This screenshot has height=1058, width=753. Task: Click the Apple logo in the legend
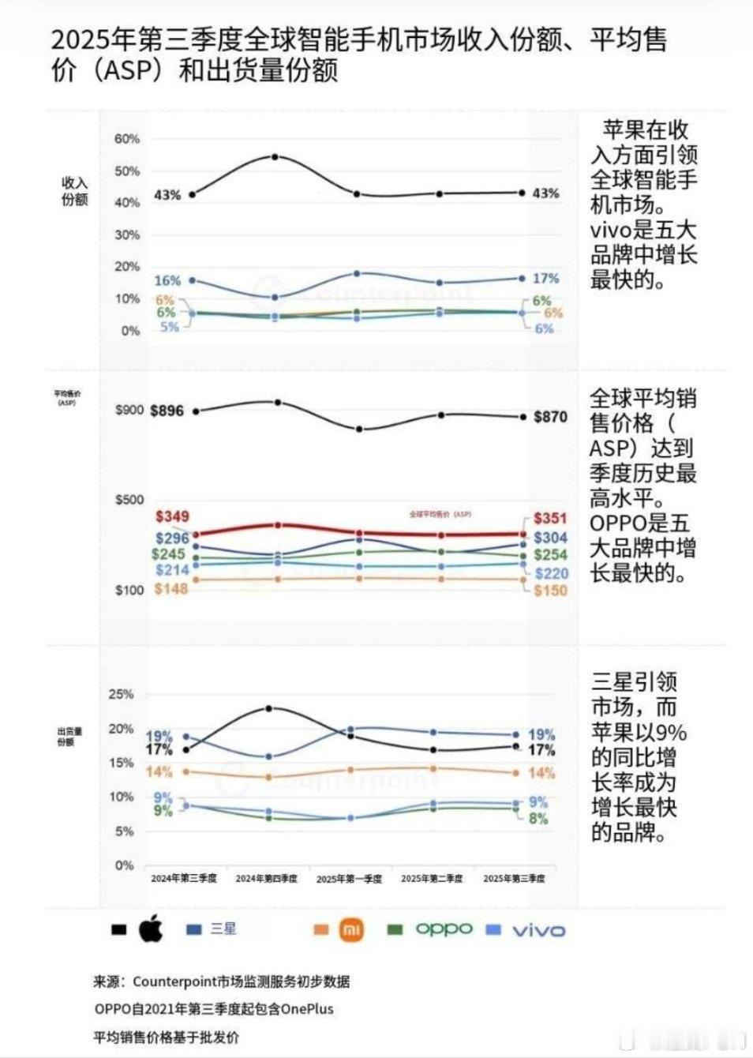(151, 929)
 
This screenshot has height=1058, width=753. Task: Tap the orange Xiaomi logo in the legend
(351, 929)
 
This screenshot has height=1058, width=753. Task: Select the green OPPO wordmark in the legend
(444, 929)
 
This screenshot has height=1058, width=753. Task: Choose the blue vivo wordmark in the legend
(539, 930)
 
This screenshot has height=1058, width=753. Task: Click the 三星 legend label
(223, 929)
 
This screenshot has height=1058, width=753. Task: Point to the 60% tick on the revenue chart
(126, 139)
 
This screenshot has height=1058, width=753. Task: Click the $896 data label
(167, 411)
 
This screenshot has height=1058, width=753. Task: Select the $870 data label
(550, 417)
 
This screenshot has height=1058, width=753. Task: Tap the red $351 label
(550, 518)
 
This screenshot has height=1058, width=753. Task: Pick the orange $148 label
(170, 589)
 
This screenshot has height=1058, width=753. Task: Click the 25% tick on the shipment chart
(121, 695)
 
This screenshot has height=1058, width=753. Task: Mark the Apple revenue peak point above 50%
(275, 157)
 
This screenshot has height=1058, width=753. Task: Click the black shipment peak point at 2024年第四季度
(269, 708)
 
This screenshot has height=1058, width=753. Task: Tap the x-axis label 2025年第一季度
(349, 878)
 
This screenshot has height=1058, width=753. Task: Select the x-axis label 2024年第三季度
(184, 878)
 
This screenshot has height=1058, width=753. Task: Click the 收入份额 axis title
(75, 191)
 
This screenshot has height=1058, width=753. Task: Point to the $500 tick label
(129, 499)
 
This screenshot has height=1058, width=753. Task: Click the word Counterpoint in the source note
(170, 981)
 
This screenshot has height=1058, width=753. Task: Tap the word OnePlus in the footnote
(307, 1009)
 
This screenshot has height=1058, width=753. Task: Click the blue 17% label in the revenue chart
(545, 279)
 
